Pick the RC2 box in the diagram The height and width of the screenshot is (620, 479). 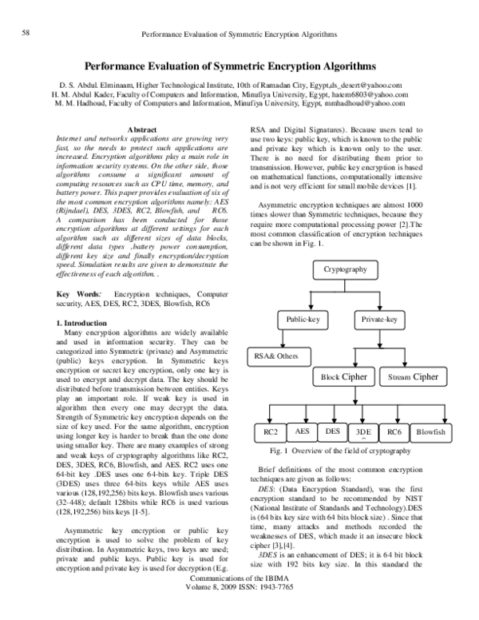(271, 432)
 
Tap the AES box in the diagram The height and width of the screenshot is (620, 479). (303, 431)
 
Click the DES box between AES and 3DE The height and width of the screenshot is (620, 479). (332, 431)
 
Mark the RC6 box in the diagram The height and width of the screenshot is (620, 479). (394, 432)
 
